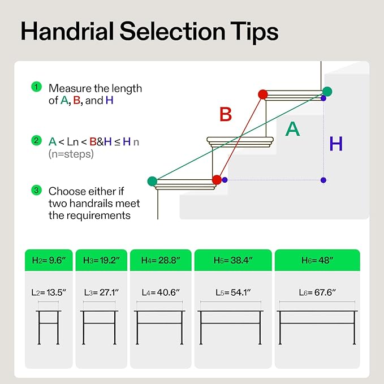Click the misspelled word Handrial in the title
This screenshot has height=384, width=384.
pos(67,31)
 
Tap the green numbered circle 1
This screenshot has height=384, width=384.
pos(37,87)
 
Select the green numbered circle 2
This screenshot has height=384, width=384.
pos(37,141)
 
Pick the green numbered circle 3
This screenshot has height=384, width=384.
pos(37,190)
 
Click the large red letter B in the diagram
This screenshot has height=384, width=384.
pos(226,114)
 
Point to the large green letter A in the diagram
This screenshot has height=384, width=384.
pos(292,129)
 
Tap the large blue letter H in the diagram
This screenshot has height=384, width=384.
pos(336,144)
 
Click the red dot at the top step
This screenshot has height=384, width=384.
pos(263,94)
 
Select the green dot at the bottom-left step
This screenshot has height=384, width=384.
pos(152,181)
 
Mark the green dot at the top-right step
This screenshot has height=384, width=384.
pos(327,92)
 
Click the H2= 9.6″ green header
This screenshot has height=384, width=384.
pos(49,260)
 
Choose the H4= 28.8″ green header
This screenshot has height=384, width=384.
pos(161,260)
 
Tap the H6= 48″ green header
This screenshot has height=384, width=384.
pos(317,260)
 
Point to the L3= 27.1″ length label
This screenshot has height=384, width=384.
pos(101,292)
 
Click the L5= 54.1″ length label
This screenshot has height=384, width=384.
pos(233,292)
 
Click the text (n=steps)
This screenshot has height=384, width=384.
pos(71,154)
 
